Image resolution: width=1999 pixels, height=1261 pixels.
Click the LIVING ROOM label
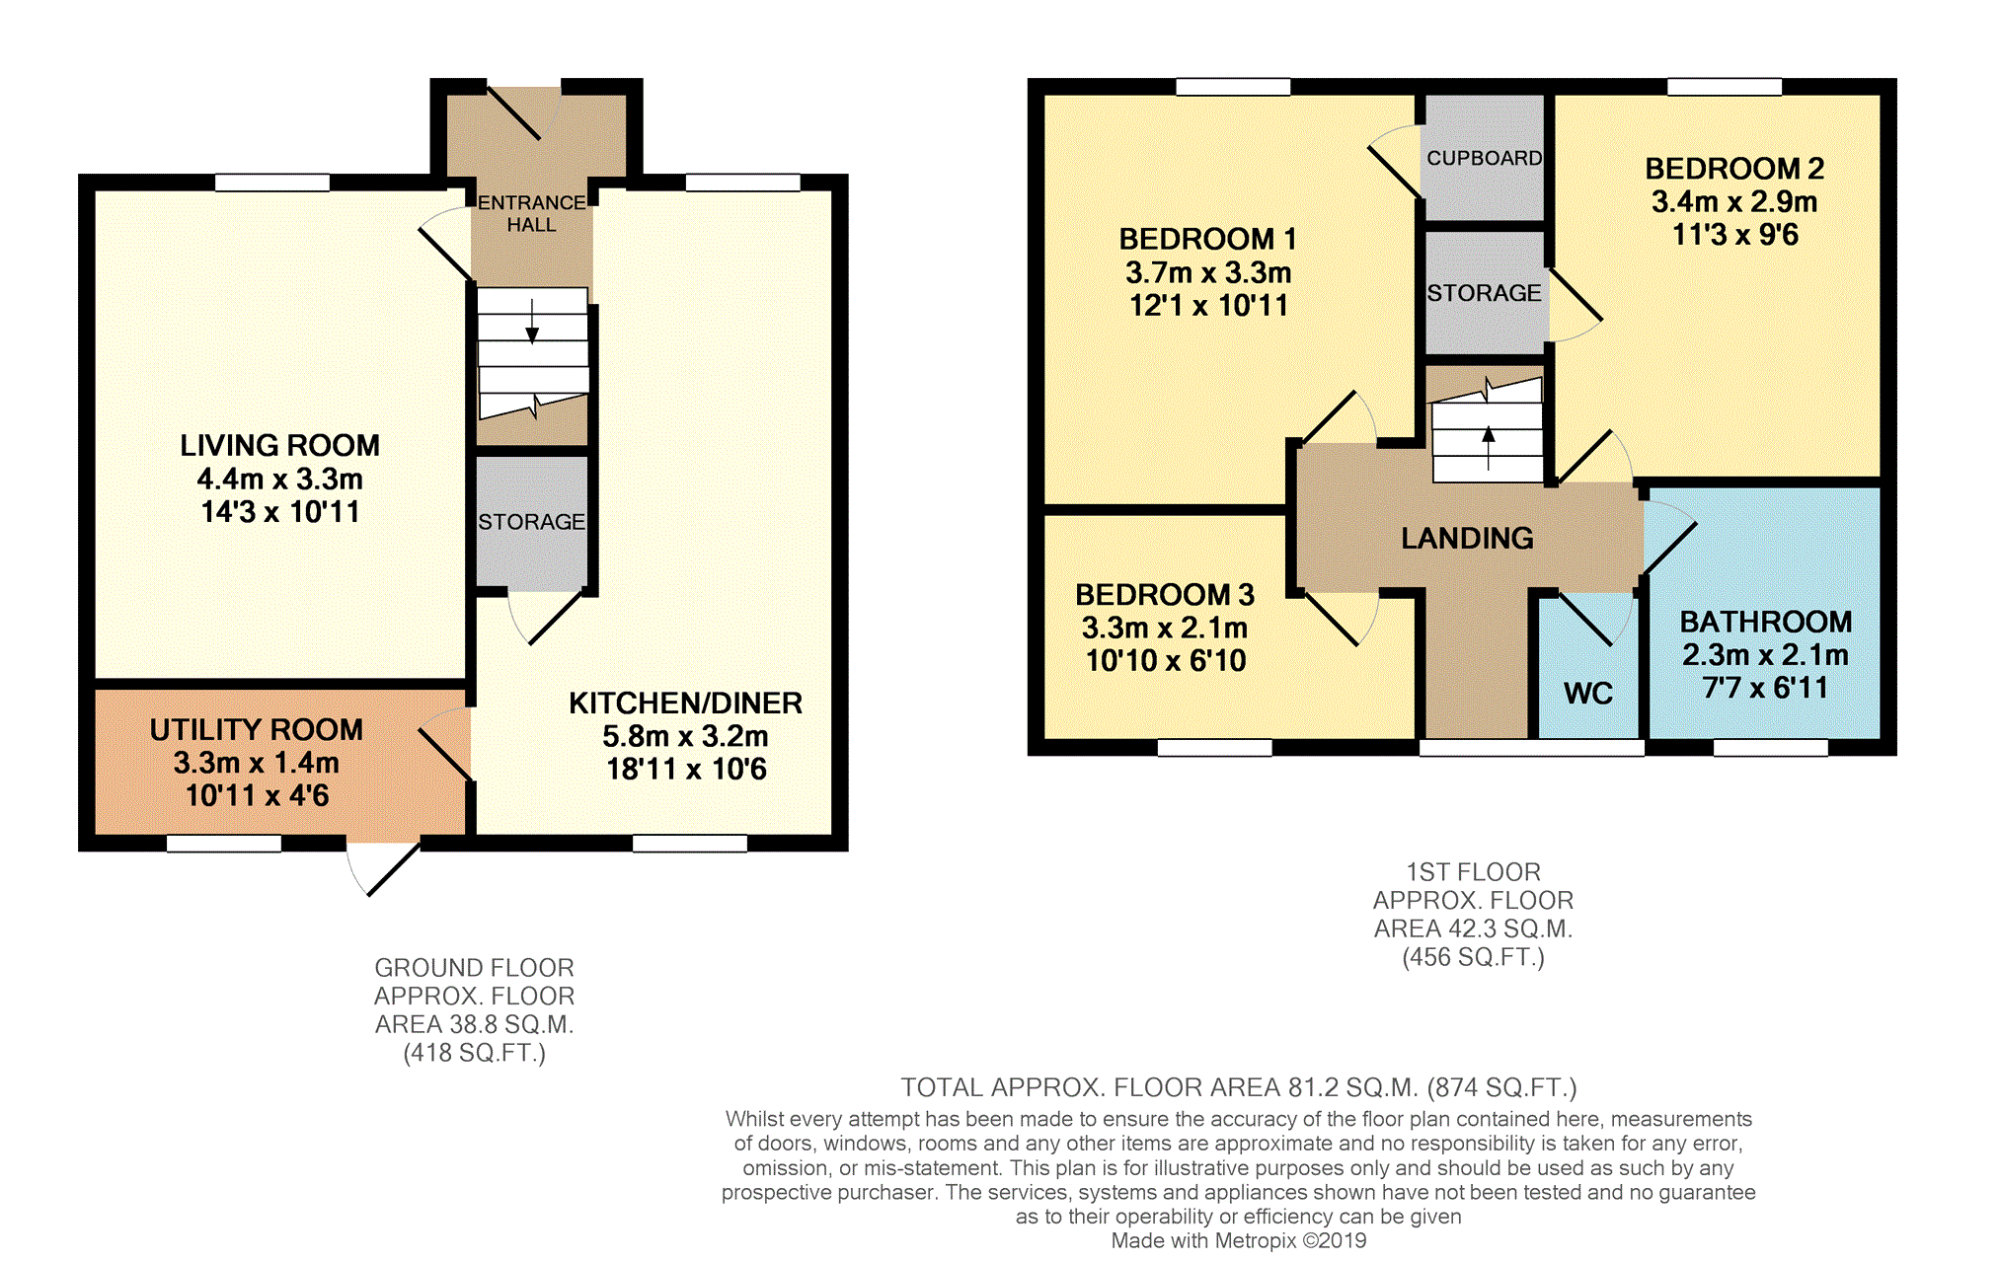pyautogui.click(x=279, y=446)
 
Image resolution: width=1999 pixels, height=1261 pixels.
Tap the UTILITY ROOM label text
pyautogui.click(x=257, y=730)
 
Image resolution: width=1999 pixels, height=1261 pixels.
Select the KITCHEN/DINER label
pyautogui.click(x=686, y=704)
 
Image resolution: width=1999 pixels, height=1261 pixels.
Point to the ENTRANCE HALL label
pyautogui.click(x=532, y=213)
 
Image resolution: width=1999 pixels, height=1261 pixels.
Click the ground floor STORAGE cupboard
pyautogui.click(x=532, y=521)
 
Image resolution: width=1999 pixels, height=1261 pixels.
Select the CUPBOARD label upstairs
pyautogui.click(x=1485, y=158)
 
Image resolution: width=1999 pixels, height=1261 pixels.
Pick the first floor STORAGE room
pyautogui.click(x=1485, y=293)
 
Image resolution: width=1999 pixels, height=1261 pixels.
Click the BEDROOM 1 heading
pyautogui.click(x=1207, y=239)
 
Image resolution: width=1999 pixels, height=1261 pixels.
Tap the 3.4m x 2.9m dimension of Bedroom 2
pyautogui.click(x=1734, y=202)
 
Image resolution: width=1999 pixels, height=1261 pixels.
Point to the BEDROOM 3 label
pyautogui.click(x=1165, y=595)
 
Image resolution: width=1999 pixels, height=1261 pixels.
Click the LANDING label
pyautogui.click(x=1468, y=538)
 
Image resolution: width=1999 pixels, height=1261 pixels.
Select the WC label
pyautogui.click(x=1588, y=694)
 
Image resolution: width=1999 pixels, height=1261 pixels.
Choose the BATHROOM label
pyautogui.click(x=1766, y=622)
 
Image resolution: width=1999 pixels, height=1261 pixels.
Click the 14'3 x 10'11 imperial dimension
pyautogui.click(x=280, y=512)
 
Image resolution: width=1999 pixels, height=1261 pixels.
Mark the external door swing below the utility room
pyautogui.click(x=383, y=868)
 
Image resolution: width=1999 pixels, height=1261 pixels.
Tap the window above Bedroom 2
pyautogui.click(x=1725, y=87)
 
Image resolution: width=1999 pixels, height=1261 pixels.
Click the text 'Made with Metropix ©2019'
pyautogui.click(x=1239, y=1241)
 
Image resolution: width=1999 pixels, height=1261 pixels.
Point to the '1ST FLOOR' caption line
pyautogui.click(x=1473, y=872)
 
